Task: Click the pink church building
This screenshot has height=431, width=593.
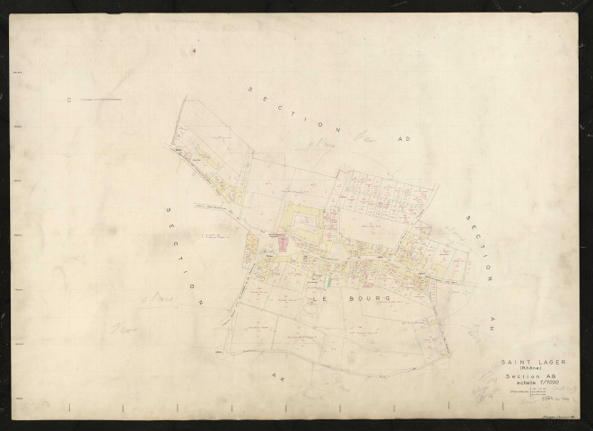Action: pyautogui.click(x=283, y=240)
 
